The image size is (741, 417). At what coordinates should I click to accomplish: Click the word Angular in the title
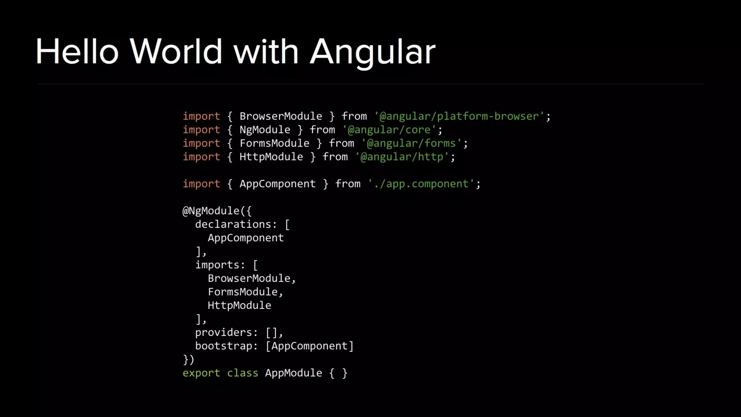[x=372, y=52]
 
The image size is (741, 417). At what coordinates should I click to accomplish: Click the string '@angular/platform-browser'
[x=459, y=116]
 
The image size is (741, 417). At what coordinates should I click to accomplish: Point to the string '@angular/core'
[x=389, y=130]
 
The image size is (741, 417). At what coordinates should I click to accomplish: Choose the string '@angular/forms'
[x=411, y=143]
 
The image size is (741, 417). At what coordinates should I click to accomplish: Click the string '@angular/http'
[x=402, y=157]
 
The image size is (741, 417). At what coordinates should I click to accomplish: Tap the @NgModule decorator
[x=211, y=211]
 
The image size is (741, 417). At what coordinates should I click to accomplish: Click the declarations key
[x=233, y=224]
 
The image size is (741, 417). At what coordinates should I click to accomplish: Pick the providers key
[x=223, y=332]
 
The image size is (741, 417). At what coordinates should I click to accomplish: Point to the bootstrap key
[x=223, y=346]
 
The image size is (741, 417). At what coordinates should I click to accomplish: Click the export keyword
[x=201, y=373]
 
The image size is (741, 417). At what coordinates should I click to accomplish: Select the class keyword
[x=242, y=373]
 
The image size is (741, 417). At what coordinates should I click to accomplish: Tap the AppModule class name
[x=293, y=373]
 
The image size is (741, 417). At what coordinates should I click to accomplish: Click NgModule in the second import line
[x=265, y=130]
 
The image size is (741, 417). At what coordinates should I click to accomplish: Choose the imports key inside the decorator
[x=217, y=265]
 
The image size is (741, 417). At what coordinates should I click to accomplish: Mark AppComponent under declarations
[x=246, y=238]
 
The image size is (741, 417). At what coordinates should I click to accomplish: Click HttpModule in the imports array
[x=239, y=306]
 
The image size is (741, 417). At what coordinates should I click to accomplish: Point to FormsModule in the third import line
[x=274, y=143]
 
